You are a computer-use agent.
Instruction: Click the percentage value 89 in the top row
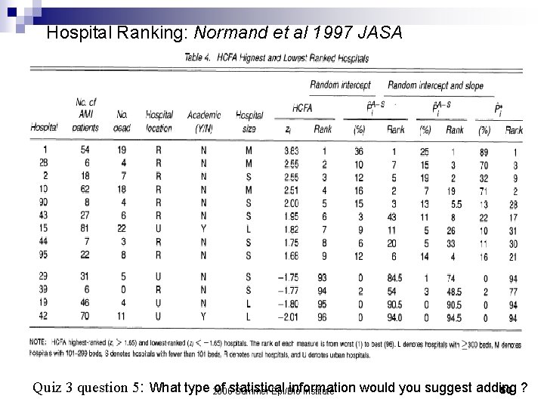(484, 151)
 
